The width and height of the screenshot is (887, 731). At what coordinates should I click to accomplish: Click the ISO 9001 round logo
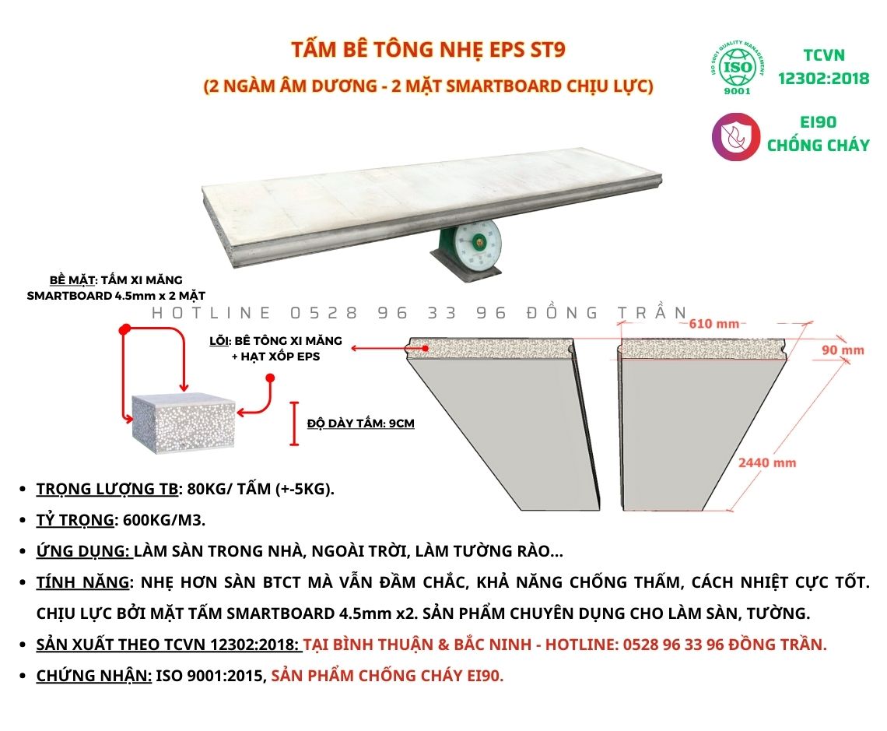click(738, 68)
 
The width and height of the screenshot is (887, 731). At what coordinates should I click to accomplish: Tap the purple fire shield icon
click(735, 137)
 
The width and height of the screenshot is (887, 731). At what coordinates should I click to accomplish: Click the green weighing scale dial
click(479, 244)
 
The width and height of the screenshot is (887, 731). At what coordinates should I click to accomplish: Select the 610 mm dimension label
click(714, 324)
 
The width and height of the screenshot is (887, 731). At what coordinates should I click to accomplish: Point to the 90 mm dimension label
click(843, 350)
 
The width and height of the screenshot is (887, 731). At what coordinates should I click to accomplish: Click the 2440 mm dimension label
click(767, 463)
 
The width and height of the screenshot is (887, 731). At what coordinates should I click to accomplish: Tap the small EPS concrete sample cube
click(184, 421)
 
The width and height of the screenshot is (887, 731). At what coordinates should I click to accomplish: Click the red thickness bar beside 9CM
click(294, 423)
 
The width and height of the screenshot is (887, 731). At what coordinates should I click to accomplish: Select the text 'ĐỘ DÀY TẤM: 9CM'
click(361, 423)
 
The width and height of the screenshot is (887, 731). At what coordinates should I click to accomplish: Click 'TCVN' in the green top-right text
click(824, 55)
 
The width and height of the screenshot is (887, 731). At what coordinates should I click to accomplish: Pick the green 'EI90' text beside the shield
click(818, 122)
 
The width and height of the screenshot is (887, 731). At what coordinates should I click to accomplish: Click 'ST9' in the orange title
click(548, 50)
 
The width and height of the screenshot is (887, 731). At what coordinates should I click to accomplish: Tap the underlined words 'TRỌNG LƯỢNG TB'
click(107, 489)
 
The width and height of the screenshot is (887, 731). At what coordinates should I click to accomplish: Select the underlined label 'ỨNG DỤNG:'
click(83, 551)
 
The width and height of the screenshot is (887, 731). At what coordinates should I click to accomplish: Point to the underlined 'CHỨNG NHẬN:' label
click(94, 676)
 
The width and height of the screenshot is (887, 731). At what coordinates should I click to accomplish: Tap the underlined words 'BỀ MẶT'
click(72, 280)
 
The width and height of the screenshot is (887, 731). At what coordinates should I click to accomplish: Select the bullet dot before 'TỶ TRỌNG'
click(23, 520)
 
